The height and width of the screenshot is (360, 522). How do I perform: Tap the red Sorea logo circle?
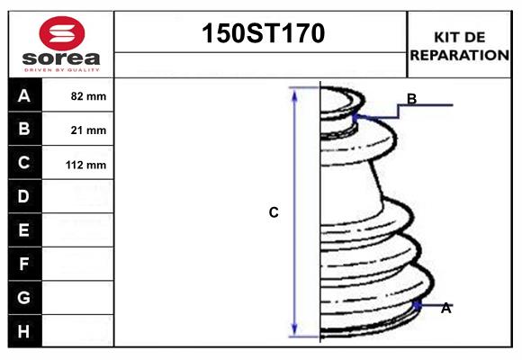(62, 34)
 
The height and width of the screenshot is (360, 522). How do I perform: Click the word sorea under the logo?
(62, 58)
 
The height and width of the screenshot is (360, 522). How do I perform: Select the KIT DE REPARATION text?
(459, 45)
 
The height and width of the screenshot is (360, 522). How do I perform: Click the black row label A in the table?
(24, 95)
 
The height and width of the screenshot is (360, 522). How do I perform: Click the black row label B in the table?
(24, 129)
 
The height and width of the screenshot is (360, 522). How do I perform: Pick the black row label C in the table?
(24, 163)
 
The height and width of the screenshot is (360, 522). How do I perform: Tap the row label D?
(24, 196)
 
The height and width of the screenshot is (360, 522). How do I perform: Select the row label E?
(24, 230)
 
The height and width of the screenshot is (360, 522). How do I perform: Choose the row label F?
(24, 264)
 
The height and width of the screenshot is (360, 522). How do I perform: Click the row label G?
(24, 297)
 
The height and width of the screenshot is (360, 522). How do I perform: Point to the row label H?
(24, 331)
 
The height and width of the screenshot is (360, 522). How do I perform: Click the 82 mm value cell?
(88, 96)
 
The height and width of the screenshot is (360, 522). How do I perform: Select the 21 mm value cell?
(88, 130)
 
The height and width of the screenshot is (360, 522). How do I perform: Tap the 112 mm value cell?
(86, 165)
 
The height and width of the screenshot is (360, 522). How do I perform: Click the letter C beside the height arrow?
(274, 213)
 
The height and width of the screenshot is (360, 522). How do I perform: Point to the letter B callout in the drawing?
(411, 99)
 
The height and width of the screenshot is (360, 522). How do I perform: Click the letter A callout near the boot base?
(445, 308)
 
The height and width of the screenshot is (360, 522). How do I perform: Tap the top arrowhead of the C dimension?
(294, 94)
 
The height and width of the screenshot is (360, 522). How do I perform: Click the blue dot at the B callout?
(356, 116)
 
